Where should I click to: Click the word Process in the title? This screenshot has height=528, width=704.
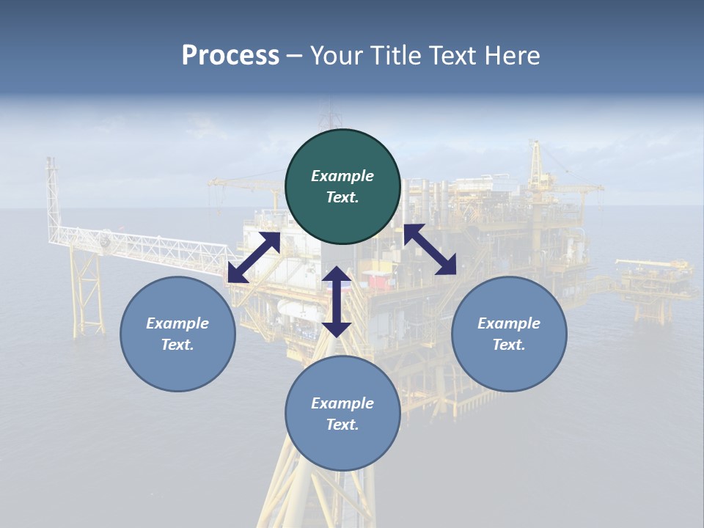point(230,56)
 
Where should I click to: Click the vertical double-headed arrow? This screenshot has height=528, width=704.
point(337,301)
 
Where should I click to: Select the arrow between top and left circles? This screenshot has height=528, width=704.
point(254,257)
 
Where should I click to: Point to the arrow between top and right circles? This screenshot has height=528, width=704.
point(430,249)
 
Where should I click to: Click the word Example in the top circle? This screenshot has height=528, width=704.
point(342,176)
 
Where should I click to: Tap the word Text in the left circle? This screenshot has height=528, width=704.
point(177,345)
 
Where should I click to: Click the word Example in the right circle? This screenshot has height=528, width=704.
point(509,323)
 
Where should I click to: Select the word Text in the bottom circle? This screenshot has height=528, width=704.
point(342,425)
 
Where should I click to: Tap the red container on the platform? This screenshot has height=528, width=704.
point(377,280)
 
